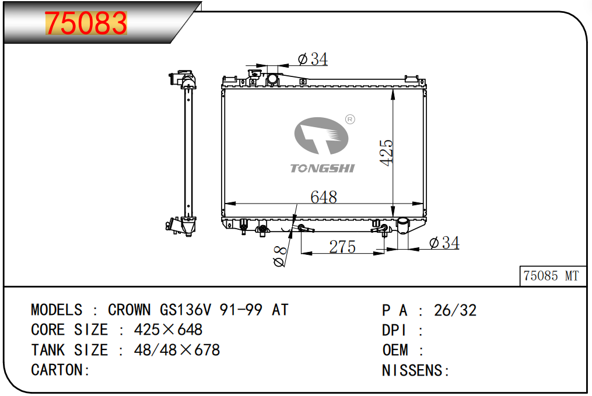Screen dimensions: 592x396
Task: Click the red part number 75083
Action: click(86, 23)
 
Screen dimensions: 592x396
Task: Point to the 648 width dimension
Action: click(324, 197)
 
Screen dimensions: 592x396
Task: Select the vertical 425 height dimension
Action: click(387, 153)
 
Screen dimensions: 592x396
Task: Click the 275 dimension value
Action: click(342, 247)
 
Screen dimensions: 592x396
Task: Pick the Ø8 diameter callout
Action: click(280, 257)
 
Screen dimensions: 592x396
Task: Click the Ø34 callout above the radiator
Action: click(313, 59)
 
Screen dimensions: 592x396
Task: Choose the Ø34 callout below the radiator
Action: click(444, 243)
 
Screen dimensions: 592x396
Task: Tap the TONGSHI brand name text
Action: click(323, 169)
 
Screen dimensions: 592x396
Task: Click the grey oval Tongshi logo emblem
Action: click(321, 136)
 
